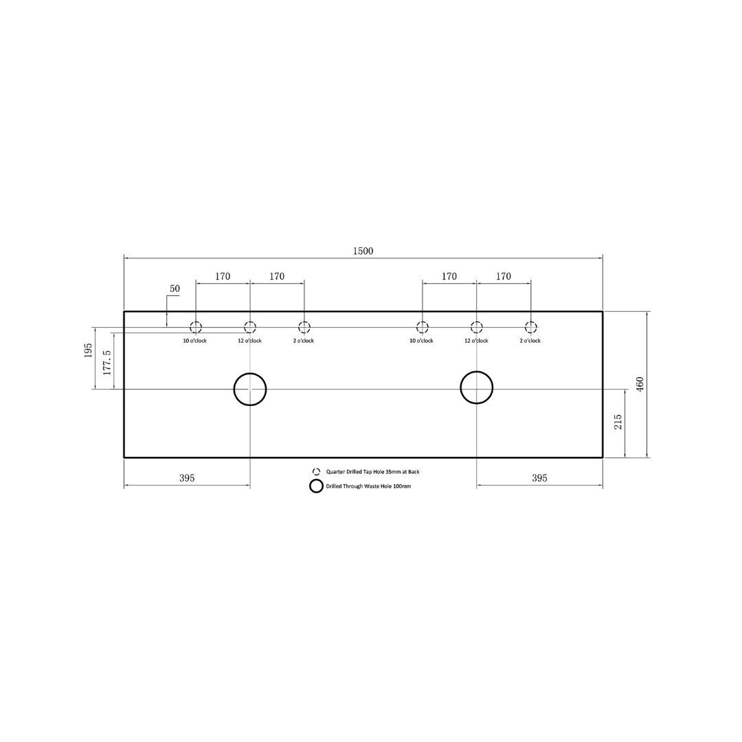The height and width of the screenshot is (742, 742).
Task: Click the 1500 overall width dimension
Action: tap(363, 251)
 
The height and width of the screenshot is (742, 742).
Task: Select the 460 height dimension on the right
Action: tap(640, 384)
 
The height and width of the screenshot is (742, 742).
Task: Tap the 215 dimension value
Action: tap(618, 422)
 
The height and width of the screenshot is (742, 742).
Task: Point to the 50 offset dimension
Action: tap(175, 289)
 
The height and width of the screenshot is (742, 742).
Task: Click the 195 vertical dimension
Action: tap(88, 350)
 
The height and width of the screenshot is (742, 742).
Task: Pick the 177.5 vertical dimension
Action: tap(106, 361)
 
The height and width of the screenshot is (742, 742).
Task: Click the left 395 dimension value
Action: tap(187, 478)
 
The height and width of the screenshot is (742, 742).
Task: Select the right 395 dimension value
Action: tap(539, 478)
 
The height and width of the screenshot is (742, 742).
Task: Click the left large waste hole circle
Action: tap(250, 390)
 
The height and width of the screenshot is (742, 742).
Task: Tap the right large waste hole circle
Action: tap(476, 387)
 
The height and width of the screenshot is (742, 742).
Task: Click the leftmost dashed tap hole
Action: tap(196, 327)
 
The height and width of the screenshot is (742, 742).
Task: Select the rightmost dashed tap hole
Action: tap(530, 327)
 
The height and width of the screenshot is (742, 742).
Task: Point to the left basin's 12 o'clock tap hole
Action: tap(250, 327)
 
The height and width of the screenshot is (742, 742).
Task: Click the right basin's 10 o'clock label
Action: tap(421, 341)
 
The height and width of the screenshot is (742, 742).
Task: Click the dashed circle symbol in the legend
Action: tap(316, 472)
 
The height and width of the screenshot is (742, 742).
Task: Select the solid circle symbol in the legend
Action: tap(316, 486)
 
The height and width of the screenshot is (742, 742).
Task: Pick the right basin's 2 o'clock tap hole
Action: tap(530, 327)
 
